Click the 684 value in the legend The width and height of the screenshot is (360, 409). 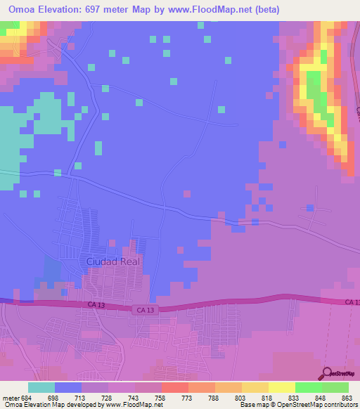coord(29,397)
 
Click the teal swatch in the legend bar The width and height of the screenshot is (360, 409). coord(41,387)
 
